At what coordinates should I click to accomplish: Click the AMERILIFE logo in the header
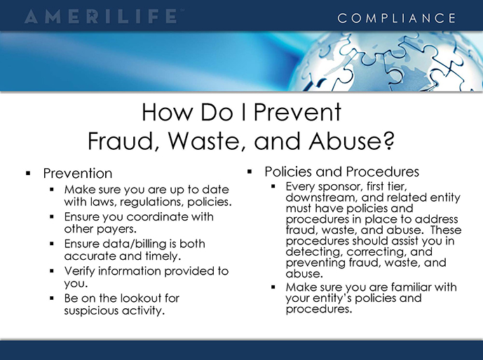pos(102,17)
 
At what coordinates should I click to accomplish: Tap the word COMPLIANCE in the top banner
pos(397,18)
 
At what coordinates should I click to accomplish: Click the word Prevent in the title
pos(297,112)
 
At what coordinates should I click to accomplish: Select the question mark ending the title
pos(389,141)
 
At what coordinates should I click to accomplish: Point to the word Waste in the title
pos(205,141)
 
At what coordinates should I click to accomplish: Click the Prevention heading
pos(78,173)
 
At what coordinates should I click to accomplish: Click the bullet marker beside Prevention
pos(28,174)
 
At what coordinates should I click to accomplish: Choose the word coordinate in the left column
pos(157,216)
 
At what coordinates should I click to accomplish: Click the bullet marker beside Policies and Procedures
pos(250,172)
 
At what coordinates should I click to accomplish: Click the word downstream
pos(320,198)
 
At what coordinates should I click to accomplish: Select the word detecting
pos(314,251)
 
